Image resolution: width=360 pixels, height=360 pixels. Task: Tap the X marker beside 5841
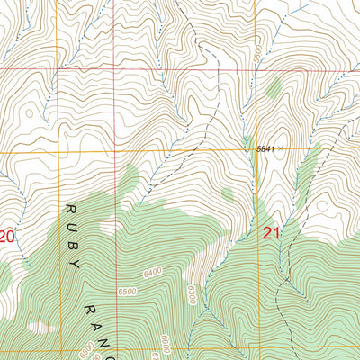280,148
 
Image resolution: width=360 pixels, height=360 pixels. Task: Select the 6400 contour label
153,269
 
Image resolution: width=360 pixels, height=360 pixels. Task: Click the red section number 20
7,237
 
